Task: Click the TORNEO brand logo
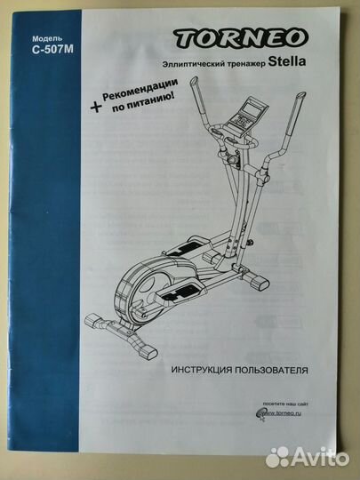[241, 38]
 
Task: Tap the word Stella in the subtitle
[287, 61]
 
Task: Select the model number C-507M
[52, 50]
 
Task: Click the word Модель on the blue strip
[47, 38]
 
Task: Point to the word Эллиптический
[194, 64]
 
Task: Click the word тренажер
[246, 64]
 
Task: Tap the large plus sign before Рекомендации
[95, 107]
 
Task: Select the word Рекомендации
[140, 90]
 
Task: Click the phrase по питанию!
[143, 103]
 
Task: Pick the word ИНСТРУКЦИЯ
[202, 370]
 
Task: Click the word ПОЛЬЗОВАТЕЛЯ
[271, 370]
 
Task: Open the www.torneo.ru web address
[284, 413]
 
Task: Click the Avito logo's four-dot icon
[277, 458]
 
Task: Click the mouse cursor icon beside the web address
[260, 415]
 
